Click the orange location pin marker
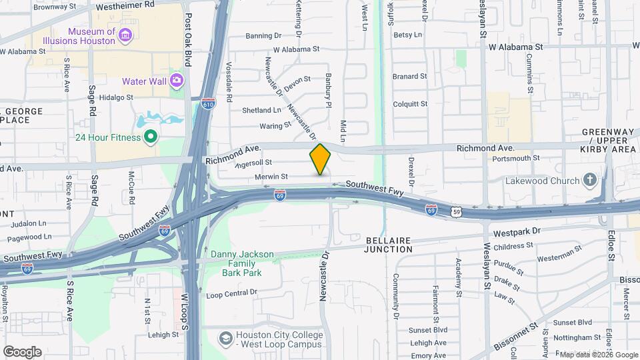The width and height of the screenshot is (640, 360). click(320, 159)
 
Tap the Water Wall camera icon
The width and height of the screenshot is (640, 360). click(177, 81)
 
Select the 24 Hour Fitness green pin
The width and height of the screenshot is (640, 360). click(151, 138)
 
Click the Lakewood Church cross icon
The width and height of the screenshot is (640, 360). click(589, 180)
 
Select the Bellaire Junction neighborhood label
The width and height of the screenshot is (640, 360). click(390, 244)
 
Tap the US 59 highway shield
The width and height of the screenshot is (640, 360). click(456, 212)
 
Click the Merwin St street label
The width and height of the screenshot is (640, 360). click(271, 177)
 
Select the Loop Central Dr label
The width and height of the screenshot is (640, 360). click(231, 293)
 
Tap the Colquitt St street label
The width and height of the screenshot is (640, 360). click(410, 103)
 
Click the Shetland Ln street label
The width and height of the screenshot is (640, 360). click(261, 110)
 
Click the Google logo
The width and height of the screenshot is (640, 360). click(22, 351)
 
